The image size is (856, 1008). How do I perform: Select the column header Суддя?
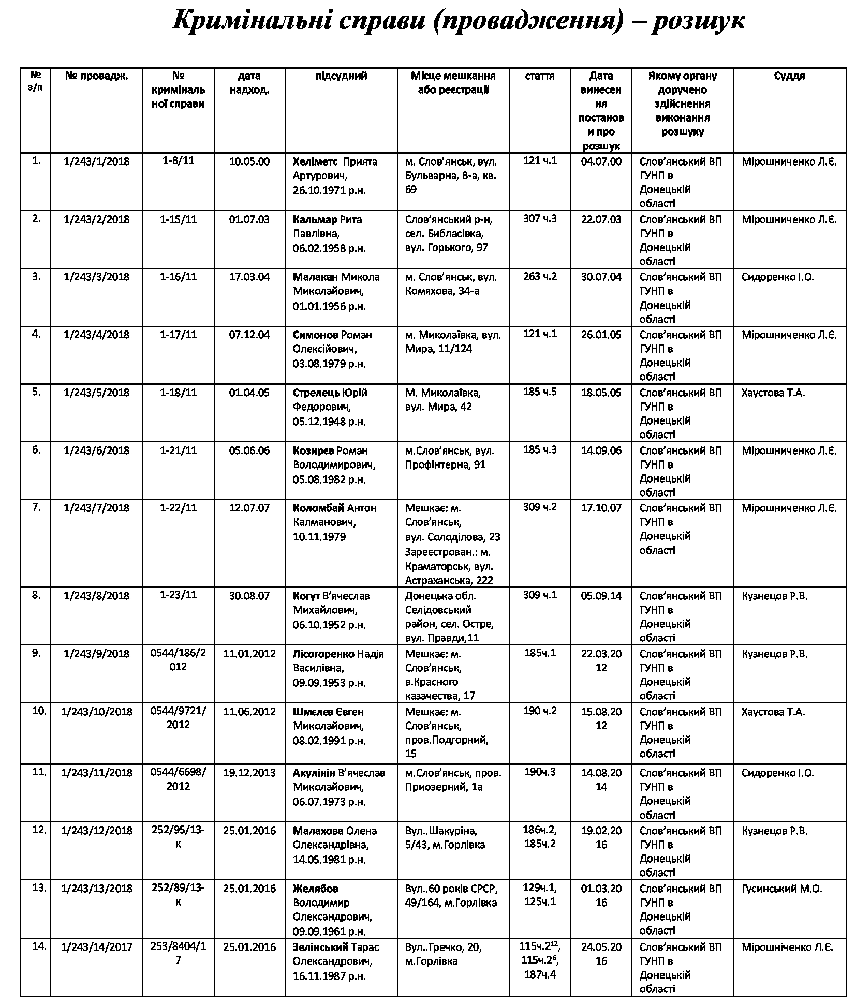pos(789,76)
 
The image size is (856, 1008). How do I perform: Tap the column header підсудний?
pos(341,76)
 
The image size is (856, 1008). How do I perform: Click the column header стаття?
pos(539,76)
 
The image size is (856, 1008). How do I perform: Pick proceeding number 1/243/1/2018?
pos(96,161)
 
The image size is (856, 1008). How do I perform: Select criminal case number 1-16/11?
pos(178,276)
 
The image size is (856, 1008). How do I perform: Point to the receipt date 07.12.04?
pos(249,335)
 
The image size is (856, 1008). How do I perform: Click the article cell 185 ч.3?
pos(540,449)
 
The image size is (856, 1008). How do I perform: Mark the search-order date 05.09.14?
pos(601,596)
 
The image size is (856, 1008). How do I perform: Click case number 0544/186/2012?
pos(178,660)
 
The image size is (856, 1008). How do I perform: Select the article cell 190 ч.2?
pos(540,711)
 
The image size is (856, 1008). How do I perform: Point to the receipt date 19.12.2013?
pos(249,773)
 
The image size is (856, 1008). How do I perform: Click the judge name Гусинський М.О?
pos(781,889)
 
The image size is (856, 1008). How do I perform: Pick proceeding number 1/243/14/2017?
pos(96,947)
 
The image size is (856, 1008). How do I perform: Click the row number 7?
pos(36,507)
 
